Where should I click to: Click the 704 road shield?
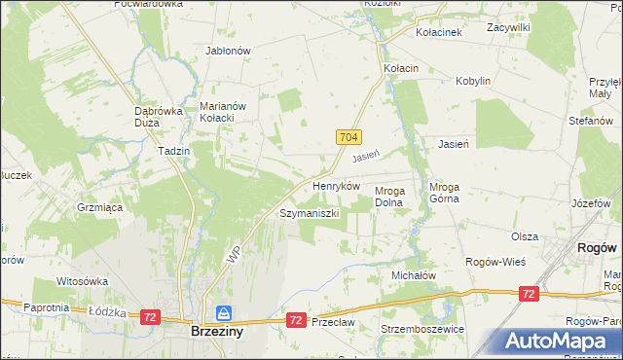(350, 138)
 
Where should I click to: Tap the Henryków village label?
(336, 185)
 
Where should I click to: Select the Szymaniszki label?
(309, 213)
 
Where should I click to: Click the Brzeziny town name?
(217, 331)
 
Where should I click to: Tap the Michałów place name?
(414, 275)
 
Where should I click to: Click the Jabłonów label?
(229, 51)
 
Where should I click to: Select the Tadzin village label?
(172, 152)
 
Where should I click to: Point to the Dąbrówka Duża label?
(159, 117)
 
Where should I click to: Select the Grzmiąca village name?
(99, 207)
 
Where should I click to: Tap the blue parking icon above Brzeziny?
(224, 312)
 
